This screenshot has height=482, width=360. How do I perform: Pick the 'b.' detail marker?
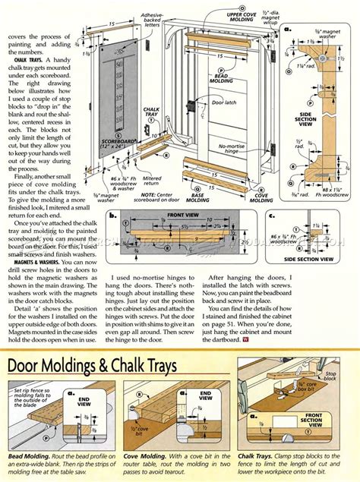[112, 216]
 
